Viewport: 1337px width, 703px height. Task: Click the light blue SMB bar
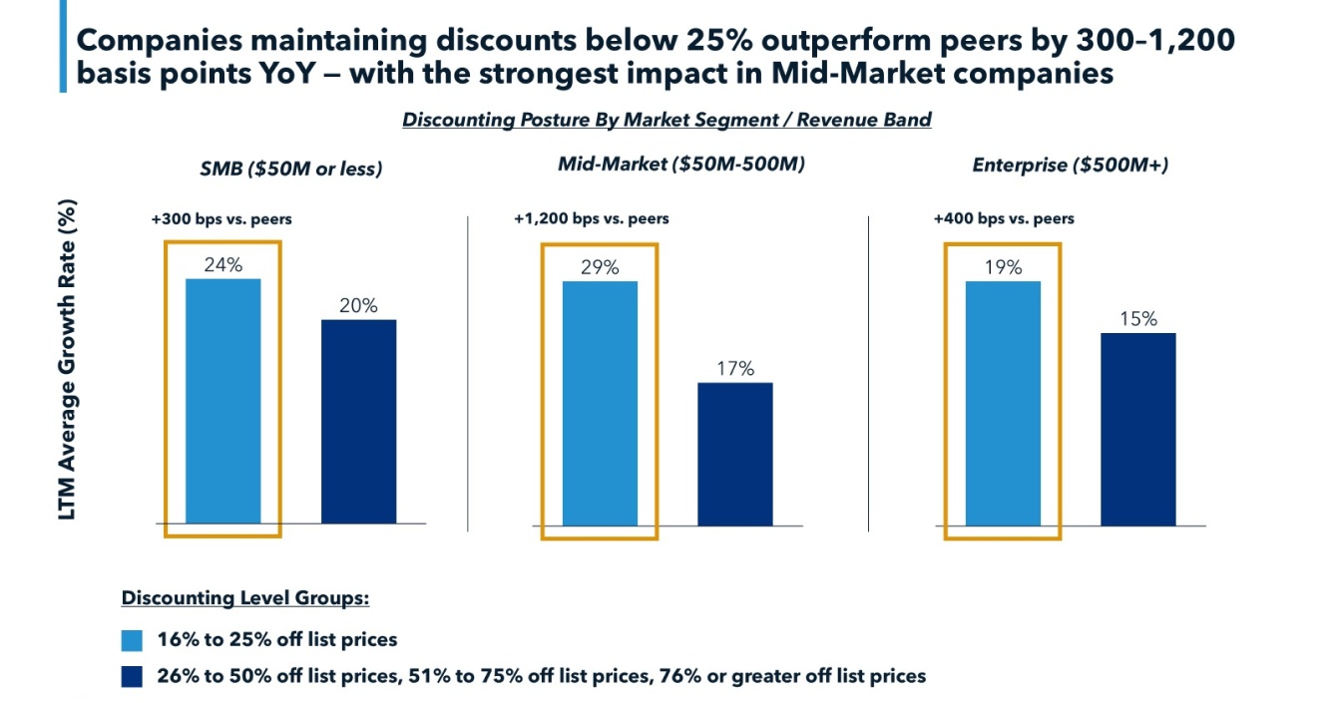click(x=223, y=401)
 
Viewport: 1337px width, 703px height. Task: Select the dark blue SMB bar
click(x=358, y=421)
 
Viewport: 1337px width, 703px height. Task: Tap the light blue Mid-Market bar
click(x=600, y=403)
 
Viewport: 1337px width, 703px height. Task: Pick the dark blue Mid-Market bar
click(x=735, y=454)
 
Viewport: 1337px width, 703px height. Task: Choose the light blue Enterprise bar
click(x=1003, y=403)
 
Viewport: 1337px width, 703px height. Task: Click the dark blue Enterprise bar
click(x=1138, y=429)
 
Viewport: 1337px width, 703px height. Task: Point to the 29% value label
click(x=600, y=267)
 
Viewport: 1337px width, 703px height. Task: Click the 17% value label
click(x=735, y=368)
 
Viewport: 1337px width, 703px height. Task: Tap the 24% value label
click(x=223, y=265)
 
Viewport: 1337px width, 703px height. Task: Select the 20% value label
click(x=358, y=306)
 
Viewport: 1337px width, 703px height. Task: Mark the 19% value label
click(x=1003, y=267)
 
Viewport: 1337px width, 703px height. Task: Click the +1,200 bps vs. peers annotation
click(x=592, y=218)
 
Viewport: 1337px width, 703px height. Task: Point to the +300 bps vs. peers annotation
click(x=216, y=218)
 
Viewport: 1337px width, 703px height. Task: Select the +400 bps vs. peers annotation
click(x=1004, y=218)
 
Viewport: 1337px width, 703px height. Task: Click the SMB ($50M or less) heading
click(x=291, y=169)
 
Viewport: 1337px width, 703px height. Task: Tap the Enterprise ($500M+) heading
click(x=1071, y=165)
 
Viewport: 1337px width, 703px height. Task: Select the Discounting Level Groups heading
click(x=245, y=598)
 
